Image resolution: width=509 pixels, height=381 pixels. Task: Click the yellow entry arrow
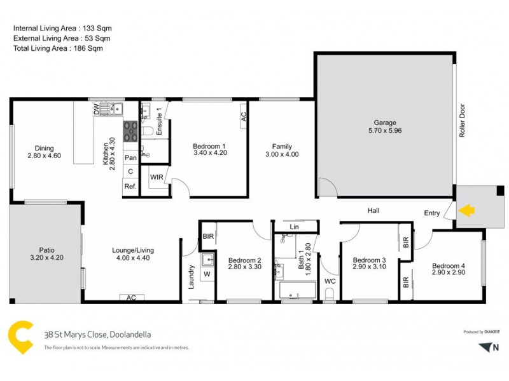pos(466,210)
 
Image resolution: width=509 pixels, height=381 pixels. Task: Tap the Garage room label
pos(385,123)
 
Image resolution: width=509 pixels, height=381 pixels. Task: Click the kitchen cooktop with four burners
pos(130,131)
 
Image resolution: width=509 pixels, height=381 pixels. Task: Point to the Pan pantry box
pos(130,157)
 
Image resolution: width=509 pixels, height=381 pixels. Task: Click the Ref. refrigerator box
pos(130,186)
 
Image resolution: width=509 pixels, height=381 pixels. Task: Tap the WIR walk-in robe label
pos(157,177)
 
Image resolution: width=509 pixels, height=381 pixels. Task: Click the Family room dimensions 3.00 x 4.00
pos(282,154)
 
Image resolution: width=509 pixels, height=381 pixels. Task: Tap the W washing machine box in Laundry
pos(207,274)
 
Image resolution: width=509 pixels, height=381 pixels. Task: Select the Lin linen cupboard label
pos(293,226)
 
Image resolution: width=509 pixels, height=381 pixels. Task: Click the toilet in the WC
pos(330,293)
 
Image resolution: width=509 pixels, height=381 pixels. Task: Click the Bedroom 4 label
pos(449,265)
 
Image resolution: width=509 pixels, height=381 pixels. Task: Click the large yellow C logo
pos(21,337)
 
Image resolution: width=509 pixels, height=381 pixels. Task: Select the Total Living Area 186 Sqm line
pos(58,48)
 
